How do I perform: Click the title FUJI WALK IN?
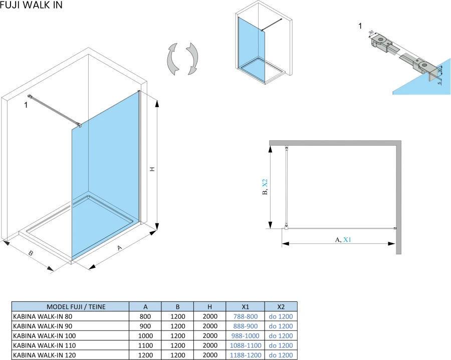pyautogui.click(x=32, y=5)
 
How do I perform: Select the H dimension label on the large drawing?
pyautogui.click(x=152, y=170)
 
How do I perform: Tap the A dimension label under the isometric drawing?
pyautogui.click(x=119, y=248)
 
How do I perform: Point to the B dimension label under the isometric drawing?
pyautogui.click(x=31, y=253)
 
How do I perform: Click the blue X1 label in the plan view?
pyautogui.click(x=347, y=240)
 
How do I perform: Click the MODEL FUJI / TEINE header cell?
pyautogui.click(x=70, y=307)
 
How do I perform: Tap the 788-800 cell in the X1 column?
pyautogui.click(x=246, y=316)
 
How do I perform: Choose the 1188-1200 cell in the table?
pyautogui.click(x=246, y=355)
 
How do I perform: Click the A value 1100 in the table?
pyautogui.click(x=145, y=345)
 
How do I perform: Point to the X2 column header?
pyautogui.click(x=281, y=307)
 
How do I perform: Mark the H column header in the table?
pyautogui.click(x=210, y=307)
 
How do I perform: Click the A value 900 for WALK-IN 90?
pyautogui.click(x=145, y=326)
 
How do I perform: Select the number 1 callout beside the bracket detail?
pyautogui.click(x=360, y=26)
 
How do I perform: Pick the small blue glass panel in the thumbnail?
pyautogui.click(x=251, y=45)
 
